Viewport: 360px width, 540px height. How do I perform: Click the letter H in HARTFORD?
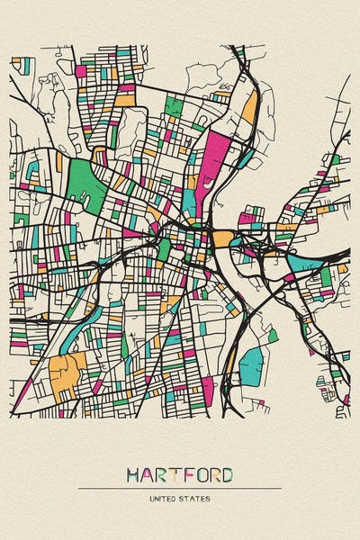coord(134,474)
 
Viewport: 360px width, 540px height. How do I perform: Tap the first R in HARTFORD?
coord(163,474)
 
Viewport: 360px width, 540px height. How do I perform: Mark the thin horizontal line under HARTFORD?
coord(180,488)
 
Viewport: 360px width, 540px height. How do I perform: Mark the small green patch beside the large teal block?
coord(272,336)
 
